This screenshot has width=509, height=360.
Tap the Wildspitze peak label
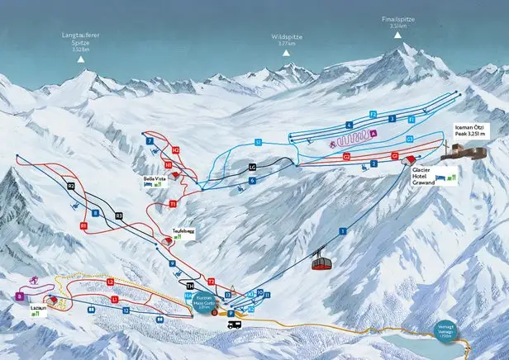(287, 40)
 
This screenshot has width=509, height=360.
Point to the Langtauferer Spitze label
(80, 42)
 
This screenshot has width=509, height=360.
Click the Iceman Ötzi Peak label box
(472, 130)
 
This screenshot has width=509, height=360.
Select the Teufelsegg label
(183, 231)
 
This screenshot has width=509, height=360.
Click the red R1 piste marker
(83, 225)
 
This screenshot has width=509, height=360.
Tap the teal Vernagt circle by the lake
(446, 329)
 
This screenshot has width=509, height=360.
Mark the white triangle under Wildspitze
(287, 53)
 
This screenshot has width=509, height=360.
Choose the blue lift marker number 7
(150, 141)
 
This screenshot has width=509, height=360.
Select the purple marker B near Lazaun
(18, 295)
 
